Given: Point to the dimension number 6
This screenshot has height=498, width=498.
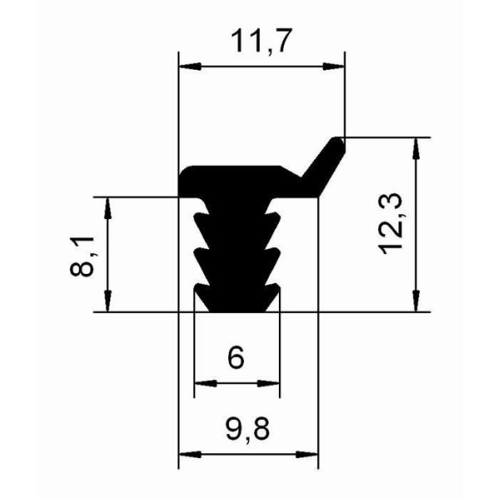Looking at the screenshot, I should (x=236, y=359).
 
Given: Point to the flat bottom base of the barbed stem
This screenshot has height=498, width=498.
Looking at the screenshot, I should (x=237, y=309).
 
